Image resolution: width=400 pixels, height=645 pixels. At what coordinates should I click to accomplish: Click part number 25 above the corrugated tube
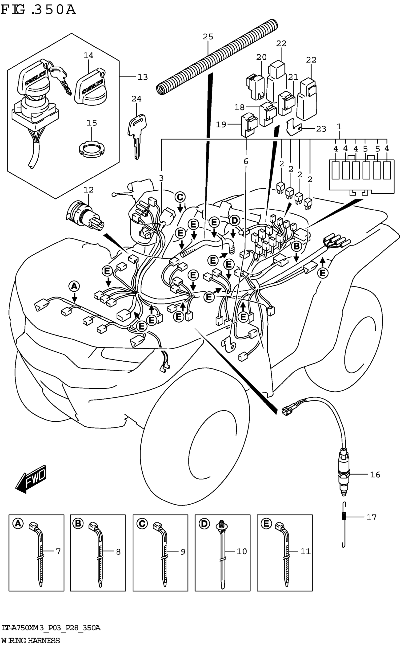click(x=208, y=37)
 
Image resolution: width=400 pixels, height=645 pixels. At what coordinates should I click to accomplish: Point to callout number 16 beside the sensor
click(x=375, y=474)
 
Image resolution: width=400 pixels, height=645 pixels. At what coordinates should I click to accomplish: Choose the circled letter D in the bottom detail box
click(x=204, y=523)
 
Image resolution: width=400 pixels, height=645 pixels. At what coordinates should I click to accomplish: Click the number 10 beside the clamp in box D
click(x=242, y=551)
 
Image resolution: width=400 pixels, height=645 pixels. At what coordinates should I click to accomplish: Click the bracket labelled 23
click(x=294, y=127)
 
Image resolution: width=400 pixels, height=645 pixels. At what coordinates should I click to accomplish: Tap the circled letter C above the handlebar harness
click(x=180, y=197)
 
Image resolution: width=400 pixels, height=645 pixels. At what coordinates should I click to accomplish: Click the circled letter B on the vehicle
click(x=296, y=246)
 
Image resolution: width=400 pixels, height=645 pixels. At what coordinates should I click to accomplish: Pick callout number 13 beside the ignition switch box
click(x=143, y=77)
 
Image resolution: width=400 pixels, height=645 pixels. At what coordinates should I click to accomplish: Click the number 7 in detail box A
click(x=58, y=551)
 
